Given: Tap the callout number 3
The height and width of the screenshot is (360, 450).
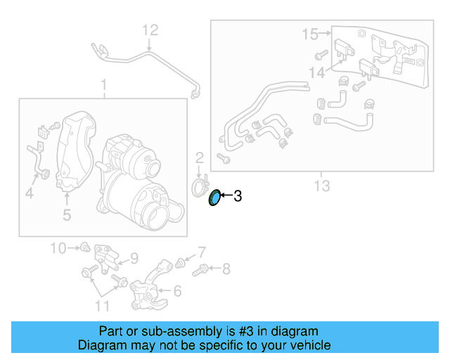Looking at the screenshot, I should (x=238, y=197).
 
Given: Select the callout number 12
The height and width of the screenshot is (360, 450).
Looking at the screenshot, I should (x=150, y=30).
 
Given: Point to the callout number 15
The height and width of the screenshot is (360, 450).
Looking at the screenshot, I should (x=310, y=33).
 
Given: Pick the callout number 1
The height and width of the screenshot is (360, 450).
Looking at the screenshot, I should (x=103, y=86).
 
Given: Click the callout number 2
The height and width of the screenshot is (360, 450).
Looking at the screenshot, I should (x=199, y=157).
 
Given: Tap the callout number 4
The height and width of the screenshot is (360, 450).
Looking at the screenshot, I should (x=29, y=191).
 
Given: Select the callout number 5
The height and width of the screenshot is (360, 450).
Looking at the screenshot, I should (x=67, y=214).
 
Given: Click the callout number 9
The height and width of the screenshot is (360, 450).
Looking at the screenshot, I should (x=134, y=257).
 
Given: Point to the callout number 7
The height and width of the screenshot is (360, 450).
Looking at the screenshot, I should (x=201, y=251).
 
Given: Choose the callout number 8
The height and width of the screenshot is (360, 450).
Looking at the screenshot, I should (x=226, y=268).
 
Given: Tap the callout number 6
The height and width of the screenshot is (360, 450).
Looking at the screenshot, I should (x=177, y=290).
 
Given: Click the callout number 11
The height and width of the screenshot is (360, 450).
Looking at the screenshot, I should (x=102, y=305).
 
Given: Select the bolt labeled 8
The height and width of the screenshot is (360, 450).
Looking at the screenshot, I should (x=200, y=268).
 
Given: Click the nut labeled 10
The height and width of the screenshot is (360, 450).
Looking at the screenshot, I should (x=84, y=247).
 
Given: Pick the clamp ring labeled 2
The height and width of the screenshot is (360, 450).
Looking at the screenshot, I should (x=201, y=186).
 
